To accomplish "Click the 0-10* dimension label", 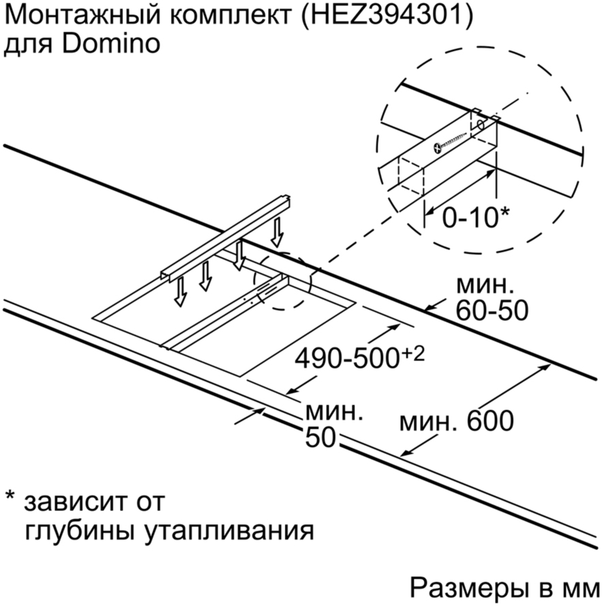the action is (475, 217).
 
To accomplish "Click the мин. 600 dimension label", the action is (456, 421).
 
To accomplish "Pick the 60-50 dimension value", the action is (492, 310).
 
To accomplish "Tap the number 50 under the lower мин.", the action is (320, 437).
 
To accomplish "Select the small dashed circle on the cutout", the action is (282, 281).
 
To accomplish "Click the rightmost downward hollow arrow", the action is (277, 232).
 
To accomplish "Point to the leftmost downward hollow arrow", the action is (180, 292).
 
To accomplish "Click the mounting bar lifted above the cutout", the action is (226, 237).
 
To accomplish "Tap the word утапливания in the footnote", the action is (229, 532).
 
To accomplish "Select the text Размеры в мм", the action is (505, 589).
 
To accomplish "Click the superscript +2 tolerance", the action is (412, 353).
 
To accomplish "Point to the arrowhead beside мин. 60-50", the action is (430, 308).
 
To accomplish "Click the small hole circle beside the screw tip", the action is (481, 125).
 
